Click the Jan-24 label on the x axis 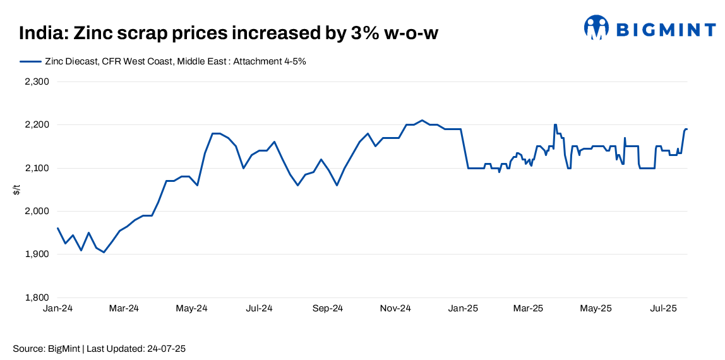click(x=57, y=309)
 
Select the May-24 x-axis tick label click(x=191, y=309)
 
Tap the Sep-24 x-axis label click(x=328, y=309)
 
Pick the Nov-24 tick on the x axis click(x=396, y=309)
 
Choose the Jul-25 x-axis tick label click(x=664, y=309)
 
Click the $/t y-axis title click(x=16, y=189)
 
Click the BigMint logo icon click(x=596, y=28)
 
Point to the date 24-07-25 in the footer click(x=167, y=349)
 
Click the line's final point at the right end click(x=687, y=129)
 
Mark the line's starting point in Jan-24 click(x=57, y=228)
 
